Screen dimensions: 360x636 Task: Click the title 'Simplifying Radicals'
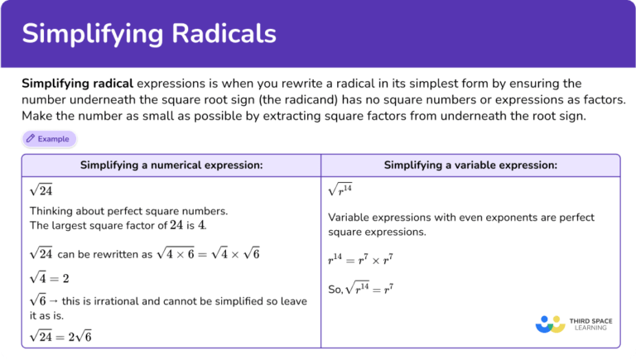149,33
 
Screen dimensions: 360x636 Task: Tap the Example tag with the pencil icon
49,138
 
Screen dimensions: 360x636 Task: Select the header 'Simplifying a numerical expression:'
171,166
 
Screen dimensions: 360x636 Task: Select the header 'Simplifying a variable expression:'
470,166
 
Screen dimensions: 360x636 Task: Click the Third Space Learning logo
571,323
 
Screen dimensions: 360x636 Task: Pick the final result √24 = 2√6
60,335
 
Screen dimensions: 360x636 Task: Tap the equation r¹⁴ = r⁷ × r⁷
359,260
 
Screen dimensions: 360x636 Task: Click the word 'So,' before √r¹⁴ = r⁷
335,290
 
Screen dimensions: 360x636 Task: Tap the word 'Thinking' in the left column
54,211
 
